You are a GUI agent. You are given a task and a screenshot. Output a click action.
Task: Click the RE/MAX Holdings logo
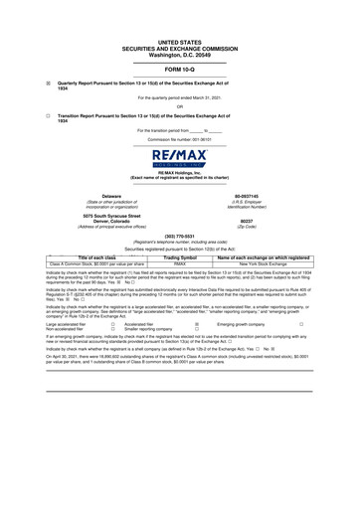click(x=180, y=162)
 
